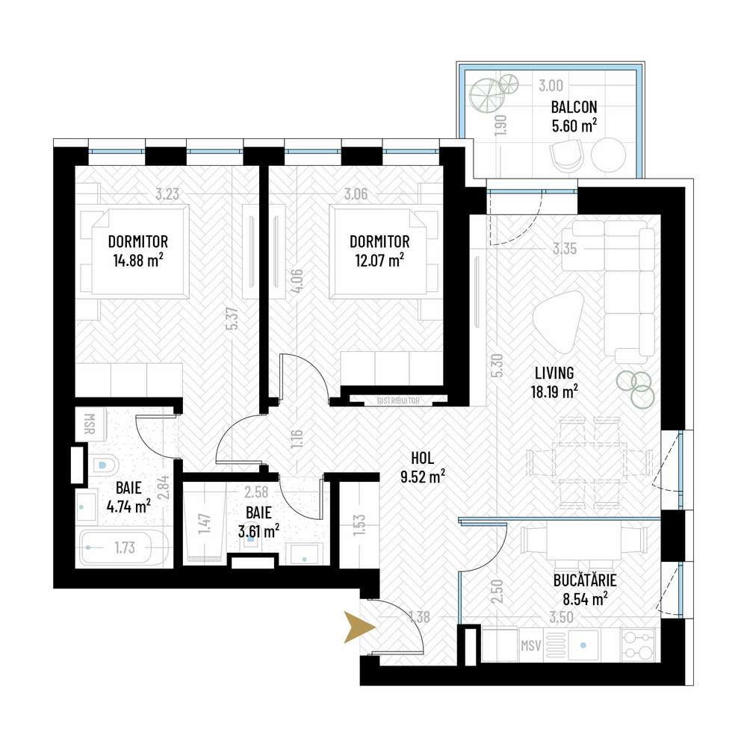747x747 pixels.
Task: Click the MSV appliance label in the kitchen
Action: [x=530, y=644]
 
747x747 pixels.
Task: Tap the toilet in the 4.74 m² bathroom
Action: [x=102, y=466]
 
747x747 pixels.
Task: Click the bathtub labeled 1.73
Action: [x=123, y=549]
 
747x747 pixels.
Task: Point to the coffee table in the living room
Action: [x=557, y=319]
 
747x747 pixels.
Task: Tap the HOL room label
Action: [x=421, y=457]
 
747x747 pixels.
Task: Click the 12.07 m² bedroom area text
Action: [x=379, y=260]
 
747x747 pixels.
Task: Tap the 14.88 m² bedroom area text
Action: [x=137, y=260]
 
